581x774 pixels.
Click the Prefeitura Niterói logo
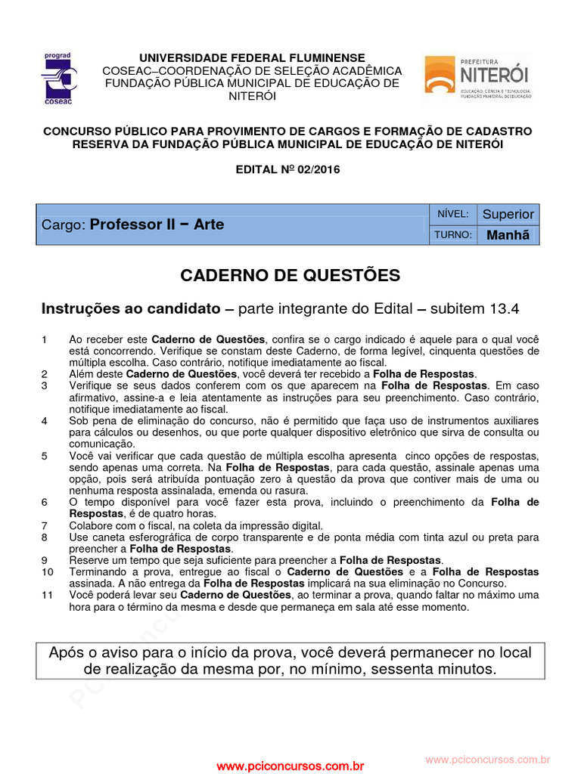(477, 77)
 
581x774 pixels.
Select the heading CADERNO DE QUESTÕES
(290, 275)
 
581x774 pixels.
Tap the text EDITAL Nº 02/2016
(288, 169)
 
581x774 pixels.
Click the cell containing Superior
(508, 214)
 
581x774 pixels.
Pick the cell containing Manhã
(508, 235)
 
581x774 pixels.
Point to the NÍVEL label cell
(453, 214)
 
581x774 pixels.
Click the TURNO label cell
(453, 235)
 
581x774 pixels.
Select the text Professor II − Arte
(157, 224)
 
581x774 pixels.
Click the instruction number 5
(45, 457)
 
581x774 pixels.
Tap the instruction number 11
(47, 596)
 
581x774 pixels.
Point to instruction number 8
(45, 537)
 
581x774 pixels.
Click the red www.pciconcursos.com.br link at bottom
(290, 766)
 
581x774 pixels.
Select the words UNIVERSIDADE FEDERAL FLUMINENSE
(251, 58)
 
